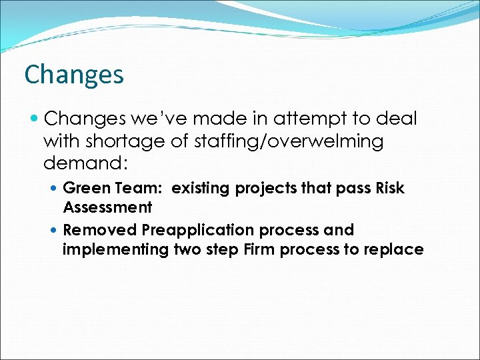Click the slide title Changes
pos(73,74)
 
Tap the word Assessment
pos(107,207)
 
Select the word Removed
pos(99,230)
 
